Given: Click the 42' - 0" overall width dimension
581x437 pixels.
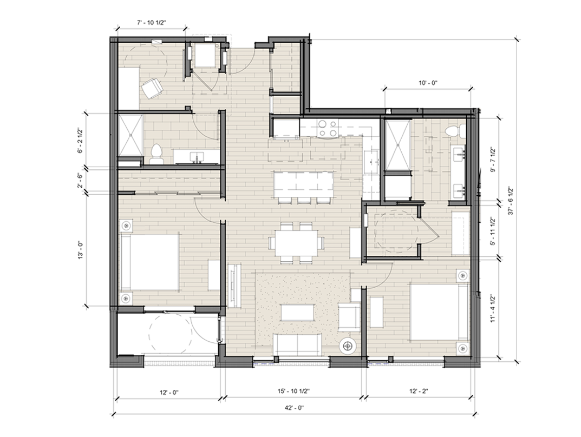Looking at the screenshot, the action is pyautogui.click(x=294, y=408).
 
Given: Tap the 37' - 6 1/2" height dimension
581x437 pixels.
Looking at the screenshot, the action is pyautogui.click(x=512, y=201).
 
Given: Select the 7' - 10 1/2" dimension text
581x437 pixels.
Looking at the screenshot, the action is pyautogui.click(x=152, y=23).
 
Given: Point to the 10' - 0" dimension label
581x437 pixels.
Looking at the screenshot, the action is pyautogui.click(x=428, y=83).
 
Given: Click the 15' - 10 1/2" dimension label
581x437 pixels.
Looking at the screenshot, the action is pyautogui.click(x=293, y=390).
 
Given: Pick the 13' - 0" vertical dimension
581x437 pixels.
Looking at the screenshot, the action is pyautogui.click(x=80, y=250).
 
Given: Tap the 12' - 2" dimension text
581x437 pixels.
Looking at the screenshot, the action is pyautogui.click(x=419, y=390).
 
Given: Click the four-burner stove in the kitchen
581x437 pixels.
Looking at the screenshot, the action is pyautogui.click(x=329, y=128).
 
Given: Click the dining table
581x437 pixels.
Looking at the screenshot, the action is pyautogui.click(x=296, y=243).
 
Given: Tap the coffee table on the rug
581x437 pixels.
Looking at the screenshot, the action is pyautogui.click(x=298, y=312).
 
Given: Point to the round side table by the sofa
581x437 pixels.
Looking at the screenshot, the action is pyautogui.click(x=348, y=346).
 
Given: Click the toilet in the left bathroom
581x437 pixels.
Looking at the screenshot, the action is pyautogui.click(x=156, y=154).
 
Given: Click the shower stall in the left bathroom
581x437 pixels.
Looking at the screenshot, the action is pyautogui.click(x=130, y=135).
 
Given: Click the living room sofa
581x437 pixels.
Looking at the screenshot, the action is pyautogui.click(x=297, y=344).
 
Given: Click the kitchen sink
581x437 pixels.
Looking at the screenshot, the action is pyautogui.click(x=371, y=162).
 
